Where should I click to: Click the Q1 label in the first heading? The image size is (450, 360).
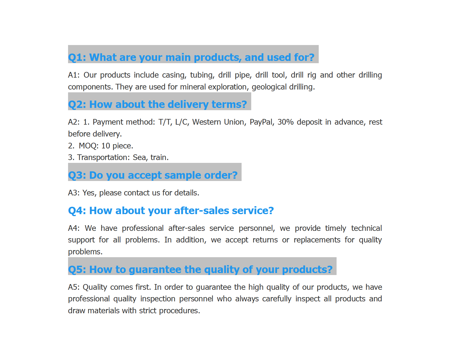click(x=75, y=57)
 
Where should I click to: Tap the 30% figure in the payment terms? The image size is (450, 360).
click(x=285, y=122)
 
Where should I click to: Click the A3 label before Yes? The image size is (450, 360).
click(x=73, y=193)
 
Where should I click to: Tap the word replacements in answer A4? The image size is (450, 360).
click(x=317, y=240)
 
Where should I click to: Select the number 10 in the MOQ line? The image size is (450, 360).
click(x=105, y=146)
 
